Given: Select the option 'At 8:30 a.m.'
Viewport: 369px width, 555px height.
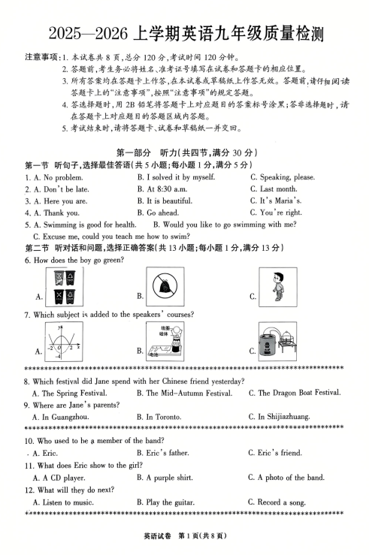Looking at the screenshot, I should pyautogui.click(x=166, y=189).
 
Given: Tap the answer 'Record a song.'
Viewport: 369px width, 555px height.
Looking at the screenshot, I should pyautogui.click(x=280, y=502).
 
